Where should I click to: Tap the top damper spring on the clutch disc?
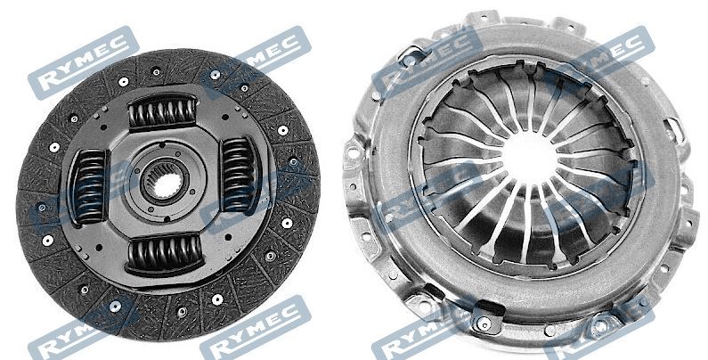pos(163,111)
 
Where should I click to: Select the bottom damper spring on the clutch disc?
pos(165,253)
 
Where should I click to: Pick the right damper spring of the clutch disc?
pos(240,175)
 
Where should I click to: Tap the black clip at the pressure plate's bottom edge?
pos(489,310)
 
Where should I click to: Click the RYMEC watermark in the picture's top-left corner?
pos(84,62)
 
